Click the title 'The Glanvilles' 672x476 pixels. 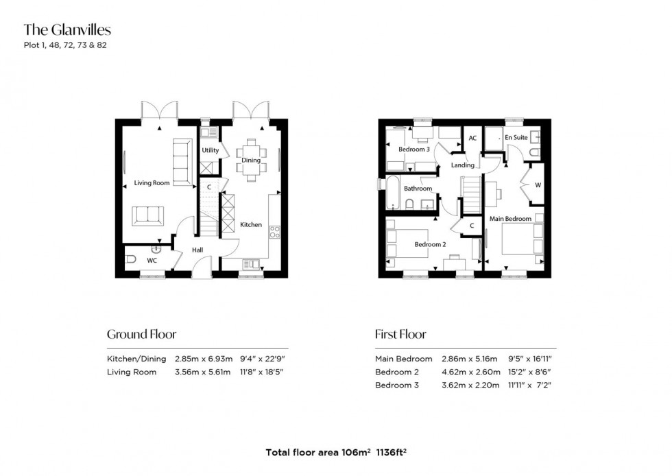pyautogui.click(x=67, y=29)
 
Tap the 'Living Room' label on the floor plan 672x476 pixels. pyautogui.click(x=152, y=182)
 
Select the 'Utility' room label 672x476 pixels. pyautogui.click(x=210, y=150)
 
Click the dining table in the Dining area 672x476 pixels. pyautogui.click(x=250, y=160)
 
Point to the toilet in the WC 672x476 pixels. pyautogui.click(x=132, y=259)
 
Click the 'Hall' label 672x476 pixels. pyautogui.click(x=197, y=250)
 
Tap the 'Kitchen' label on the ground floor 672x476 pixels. pyautogui.click(x=250, y=224)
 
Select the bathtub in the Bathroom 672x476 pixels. pyautogui.click(x=392, y=192)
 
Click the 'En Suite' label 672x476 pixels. pyautogui.click(x=516, y=138)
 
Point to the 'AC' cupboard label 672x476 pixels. pyautogui.click(x=472, y=138)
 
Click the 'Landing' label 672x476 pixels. pyautogui.click(x=462, y=165)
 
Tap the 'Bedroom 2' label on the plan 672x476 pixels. pyautogui.click(x=430, y=244)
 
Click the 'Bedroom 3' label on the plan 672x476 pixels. pyautogui.click(x=414, y=149)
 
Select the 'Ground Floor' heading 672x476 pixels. pyautogui.click(x=141, y=335)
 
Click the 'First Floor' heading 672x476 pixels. pyautogui.click(x=400, y=335)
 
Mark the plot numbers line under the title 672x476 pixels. pyautogui.click(x=66, y=45)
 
